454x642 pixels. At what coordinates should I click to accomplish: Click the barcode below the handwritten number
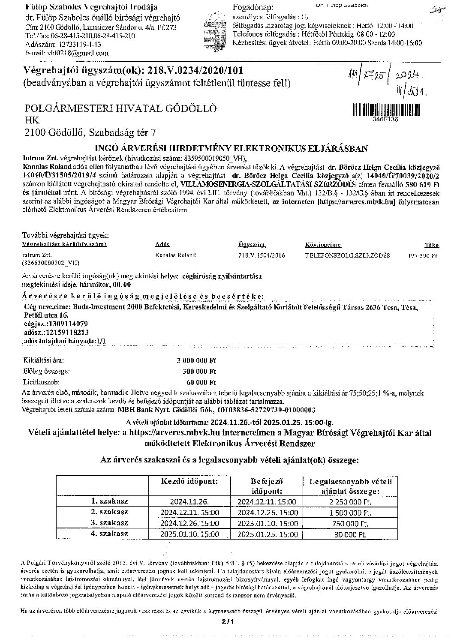[386, 110]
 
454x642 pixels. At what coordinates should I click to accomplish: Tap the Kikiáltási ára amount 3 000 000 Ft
[196, 361]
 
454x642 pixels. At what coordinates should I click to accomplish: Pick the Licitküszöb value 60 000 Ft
[202, 381]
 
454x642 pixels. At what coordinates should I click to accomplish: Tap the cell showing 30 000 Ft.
[351, 534]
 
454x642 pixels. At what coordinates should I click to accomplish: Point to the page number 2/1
[227, 621]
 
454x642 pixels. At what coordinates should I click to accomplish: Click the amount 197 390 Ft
[422, 255]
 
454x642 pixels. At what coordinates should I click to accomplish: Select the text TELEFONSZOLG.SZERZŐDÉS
[347, 255]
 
